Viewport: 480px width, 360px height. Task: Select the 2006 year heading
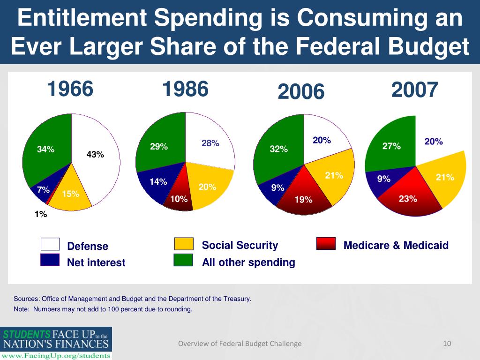[x=301, y=91]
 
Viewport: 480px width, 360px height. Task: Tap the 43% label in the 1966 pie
[x=96, y=154]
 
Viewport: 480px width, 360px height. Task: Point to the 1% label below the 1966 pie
[x=40, y=214]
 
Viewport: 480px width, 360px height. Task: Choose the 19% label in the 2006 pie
[x=303, y=200]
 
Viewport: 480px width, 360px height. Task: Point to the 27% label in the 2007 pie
[x=391, y=146]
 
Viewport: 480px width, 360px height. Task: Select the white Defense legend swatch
[x=50, y=245]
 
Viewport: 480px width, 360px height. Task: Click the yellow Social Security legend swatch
[x=184, y=244]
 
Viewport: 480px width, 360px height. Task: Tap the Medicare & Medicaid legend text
[x=396, y=245]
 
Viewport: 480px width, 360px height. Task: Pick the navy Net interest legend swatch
[x=50, y=260]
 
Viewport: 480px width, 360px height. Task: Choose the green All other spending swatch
[x=184, y=260]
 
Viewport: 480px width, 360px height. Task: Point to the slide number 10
[x=447, y=344]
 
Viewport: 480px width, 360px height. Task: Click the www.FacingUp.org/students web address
[x=56, y=355]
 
